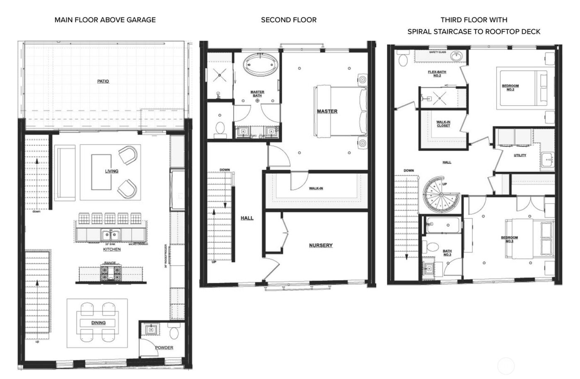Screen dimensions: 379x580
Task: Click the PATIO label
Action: [x=103, y=81]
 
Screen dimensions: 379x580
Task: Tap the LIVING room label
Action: [x=111, y=171]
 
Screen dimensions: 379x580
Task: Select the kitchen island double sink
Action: [x=110, y=235]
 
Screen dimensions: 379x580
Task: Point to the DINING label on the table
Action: [x=99, y=323]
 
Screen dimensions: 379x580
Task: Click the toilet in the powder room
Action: [x=174, y=332]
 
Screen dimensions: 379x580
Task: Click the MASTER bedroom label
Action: [x=327, y=111]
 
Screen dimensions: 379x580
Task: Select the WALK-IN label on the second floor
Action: [x=316, y=188]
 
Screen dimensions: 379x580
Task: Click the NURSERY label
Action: [x=321, y=245]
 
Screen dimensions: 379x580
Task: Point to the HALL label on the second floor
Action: [x=247, y=218]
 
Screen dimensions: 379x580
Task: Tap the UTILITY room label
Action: [x=520, y=155]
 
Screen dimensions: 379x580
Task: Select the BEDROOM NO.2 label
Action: [x=510, y=88]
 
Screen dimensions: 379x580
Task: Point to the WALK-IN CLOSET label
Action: [x=443, y=124]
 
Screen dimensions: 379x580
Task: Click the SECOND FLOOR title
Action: [x=288, y=19]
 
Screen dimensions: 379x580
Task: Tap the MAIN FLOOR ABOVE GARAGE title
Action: [x=105, y=19]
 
